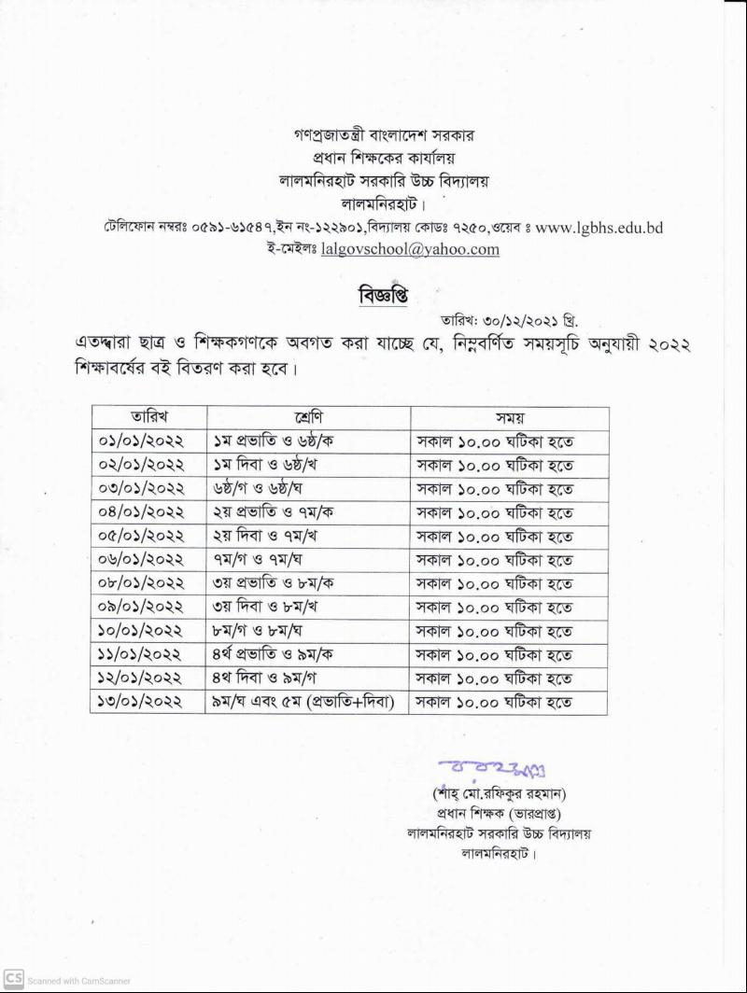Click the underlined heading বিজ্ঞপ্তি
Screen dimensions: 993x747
coord(383,296)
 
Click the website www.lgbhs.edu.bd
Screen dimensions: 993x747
coord(599,227)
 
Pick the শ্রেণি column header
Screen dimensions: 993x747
coord(307,417)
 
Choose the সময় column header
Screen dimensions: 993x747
coord(509,417)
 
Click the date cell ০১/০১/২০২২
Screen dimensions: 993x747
coord(141,441)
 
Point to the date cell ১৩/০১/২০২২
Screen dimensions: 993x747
coord(141,702)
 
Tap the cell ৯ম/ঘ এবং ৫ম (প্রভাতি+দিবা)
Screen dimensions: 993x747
coord(308,702)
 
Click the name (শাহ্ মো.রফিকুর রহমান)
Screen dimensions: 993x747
coord(500,794)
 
